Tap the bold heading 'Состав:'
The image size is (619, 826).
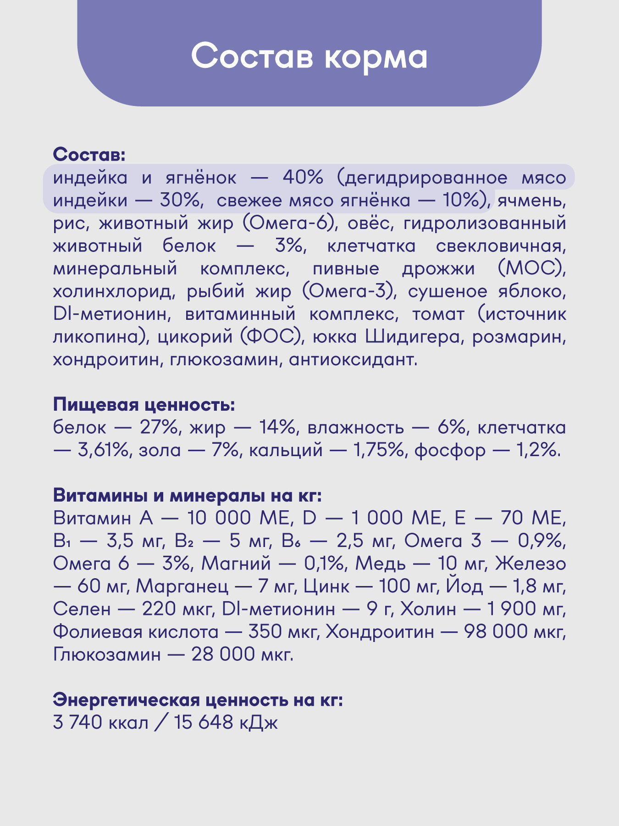(89, 155)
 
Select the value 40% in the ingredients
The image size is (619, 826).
(303, 178)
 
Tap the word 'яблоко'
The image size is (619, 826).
(532, 291)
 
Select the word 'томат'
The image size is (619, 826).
(438, 314)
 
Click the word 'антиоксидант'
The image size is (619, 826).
(353, 359)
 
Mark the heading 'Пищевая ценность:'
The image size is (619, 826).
(144, 405)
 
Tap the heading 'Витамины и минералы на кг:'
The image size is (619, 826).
(188, 496)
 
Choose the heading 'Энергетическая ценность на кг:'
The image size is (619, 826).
(198, 700)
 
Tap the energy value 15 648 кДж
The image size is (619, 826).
(226, 723)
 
